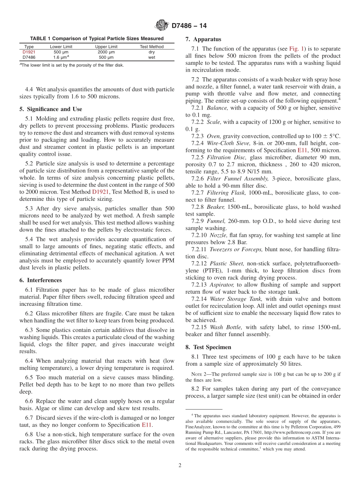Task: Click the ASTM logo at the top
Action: (162, 26)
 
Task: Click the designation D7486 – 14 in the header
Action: (189, 26)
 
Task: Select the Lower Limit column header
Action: (61, 47)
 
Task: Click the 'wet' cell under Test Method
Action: (152, 58)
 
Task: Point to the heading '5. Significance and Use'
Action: (50, 109)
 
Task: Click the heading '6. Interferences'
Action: (40, 280)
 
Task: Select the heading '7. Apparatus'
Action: (203, 39)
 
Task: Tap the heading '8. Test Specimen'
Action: (208, 347)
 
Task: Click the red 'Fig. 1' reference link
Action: (295, 49)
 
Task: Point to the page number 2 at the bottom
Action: (180, 466)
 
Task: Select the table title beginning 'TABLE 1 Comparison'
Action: (97, 38)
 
